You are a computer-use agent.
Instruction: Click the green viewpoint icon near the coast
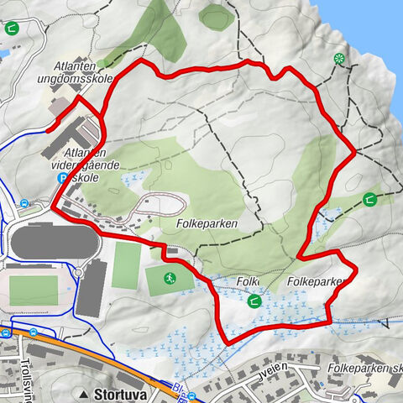click(339, 59)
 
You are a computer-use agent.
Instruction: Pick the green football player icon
click(168, 279)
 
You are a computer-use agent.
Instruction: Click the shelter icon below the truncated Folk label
click(253, 301)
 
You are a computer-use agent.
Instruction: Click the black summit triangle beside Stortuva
click(85, 393)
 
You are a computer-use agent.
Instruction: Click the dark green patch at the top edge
click(217, 14)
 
